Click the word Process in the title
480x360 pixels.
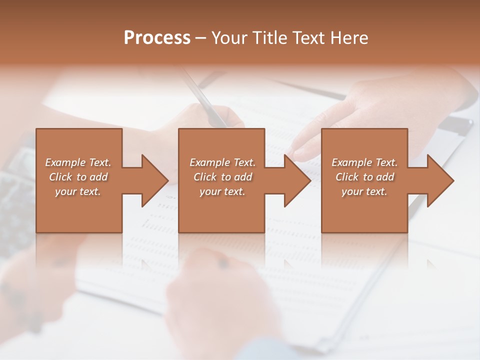coord(157,38)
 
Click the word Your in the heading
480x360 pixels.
coord(232,38)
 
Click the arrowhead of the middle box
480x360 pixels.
coord(297,180)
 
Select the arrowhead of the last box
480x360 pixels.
coord(440,180)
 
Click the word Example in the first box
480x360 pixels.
coord(65,162)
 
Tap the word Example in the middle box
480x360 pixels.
coord(210,162)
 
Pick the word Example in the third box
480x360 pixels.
coord(352,162)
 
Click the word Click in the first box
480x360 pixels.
coord(60,177)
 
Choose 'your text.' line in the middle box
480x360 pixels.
coord(222,191)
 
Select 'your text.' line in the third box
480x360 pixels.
coord(364,191)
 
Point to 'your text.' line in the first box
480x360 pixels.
coord(77,191)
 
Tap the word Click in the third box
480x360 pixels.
coord(347,177)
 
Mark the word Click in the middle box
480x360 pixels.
coord(205,177)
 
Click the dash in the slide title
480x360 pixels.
coord(200,38)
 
